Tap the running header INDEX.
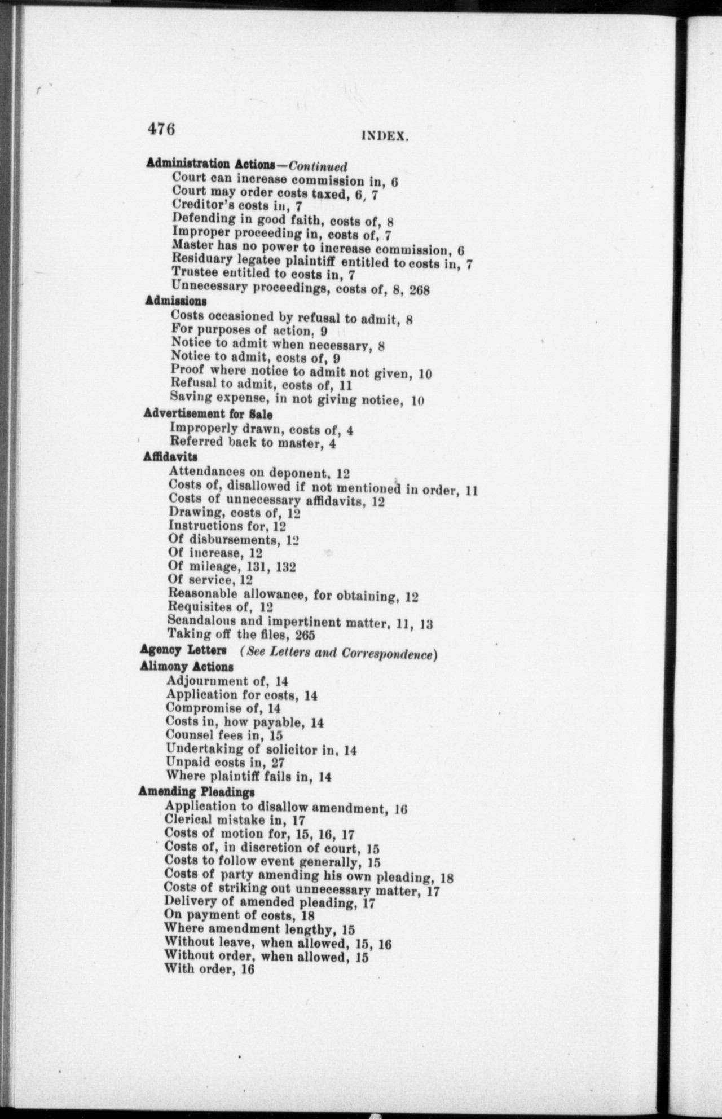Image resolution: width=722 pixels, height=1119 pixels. (385, 136)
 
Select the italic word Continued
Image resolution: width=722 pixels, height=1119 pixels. (318, 166)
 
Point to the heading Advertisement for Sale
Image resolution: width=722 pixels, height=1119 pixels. (208, 415)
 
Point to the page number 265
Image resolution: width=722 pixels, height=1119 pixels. (305, 635)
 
